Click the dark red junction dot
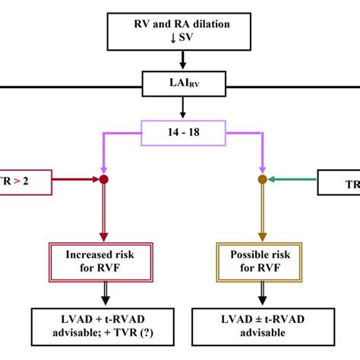click(103, 180)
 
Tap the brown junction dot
click(262, 180)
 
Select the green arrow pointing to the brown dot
click(292, 180)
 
